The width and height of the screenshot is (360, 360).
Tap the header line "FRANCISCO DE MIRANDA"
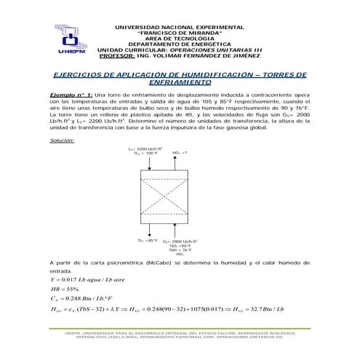click(x=180, y=33)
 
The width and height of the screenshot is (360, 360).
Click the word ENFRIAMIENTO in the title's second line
click(x=180, y=84)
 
